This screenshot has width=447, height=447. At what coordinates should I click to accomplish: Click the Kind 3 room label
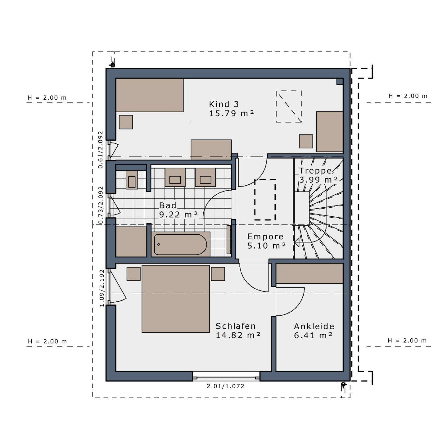point(224,104)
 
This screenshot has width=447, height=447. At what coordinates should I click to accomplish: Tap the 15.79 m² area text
point(232,113)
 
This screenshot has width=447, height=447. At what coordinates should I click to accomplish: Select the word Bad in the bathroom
point(168,205)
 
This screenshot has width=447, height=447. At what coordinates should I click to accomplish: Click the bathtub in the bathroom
point(180,244)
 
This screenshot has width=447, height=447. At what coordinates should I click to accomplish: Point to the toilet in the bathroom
point(132,180)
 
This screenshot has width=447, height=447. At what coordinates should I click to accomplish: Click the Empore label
point(265,236)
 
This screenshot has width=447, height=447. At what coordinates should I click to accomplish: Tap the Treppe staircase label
point(316,171)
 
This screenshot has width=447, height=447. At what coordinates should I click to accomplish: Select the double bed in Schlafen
point(176,299)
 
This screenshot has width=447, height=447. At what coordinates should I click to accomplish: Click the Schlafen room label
point(235,326)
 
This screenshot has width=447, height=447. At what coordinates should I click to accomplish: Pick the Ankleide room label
point(314,326)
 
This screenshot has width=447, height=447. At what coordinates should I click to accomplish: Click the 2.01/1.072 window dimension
point(225,386)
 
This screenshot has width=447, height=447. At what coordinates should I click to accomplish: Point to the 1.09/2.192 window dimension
point(102,288)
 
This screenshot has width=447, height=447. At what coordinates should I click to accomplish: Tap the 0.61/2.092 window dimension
point(101,150)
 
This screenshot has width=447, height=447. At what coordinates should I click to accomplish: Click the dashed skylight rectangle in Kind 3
point(289,106)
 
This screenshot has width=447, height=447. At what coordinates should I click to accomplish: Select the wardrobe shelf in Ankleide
point(309,273)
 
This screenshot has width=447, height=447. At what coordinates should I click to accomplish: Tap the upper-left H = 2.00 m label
point(47,98)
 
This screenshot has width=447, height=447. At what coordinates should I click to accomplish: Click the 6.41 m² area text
point(314,336)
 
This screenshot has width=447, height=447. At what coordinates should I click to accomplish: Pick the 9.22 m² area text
point(178,214)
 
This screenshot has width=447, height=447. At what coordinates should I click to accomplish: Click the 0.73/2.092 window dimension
point(101,205)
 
